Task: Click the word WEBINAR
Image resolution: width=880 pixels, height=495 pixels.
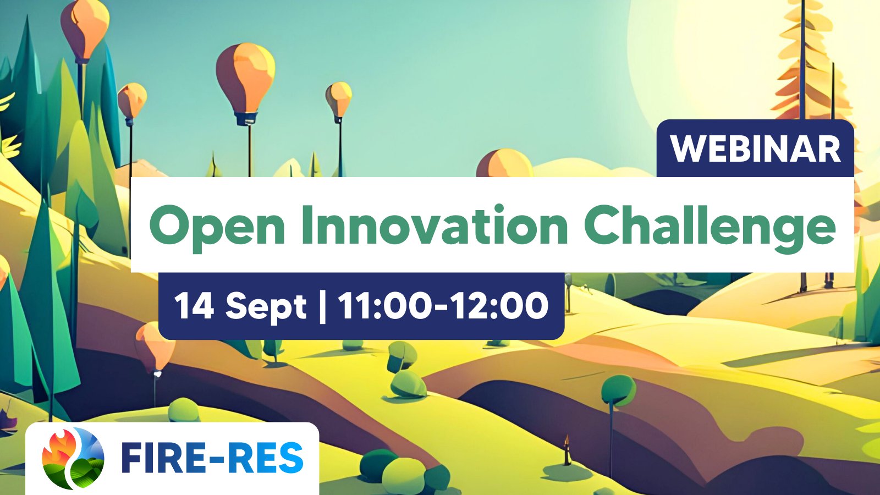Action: click(x=756, y=148)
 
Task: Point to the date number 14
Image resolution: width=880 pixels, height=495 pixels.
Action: click(x=194, y=306)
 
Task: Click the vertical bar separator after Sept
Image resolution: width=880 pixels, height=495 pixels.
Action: click(x=322, y=307)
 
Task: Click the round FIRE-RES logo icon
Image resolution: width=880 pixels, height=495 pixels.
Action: click(x=73, y=458)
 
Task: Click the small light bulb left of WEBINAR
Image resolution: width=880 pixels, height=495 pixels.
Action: click(x=339, y=100)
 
